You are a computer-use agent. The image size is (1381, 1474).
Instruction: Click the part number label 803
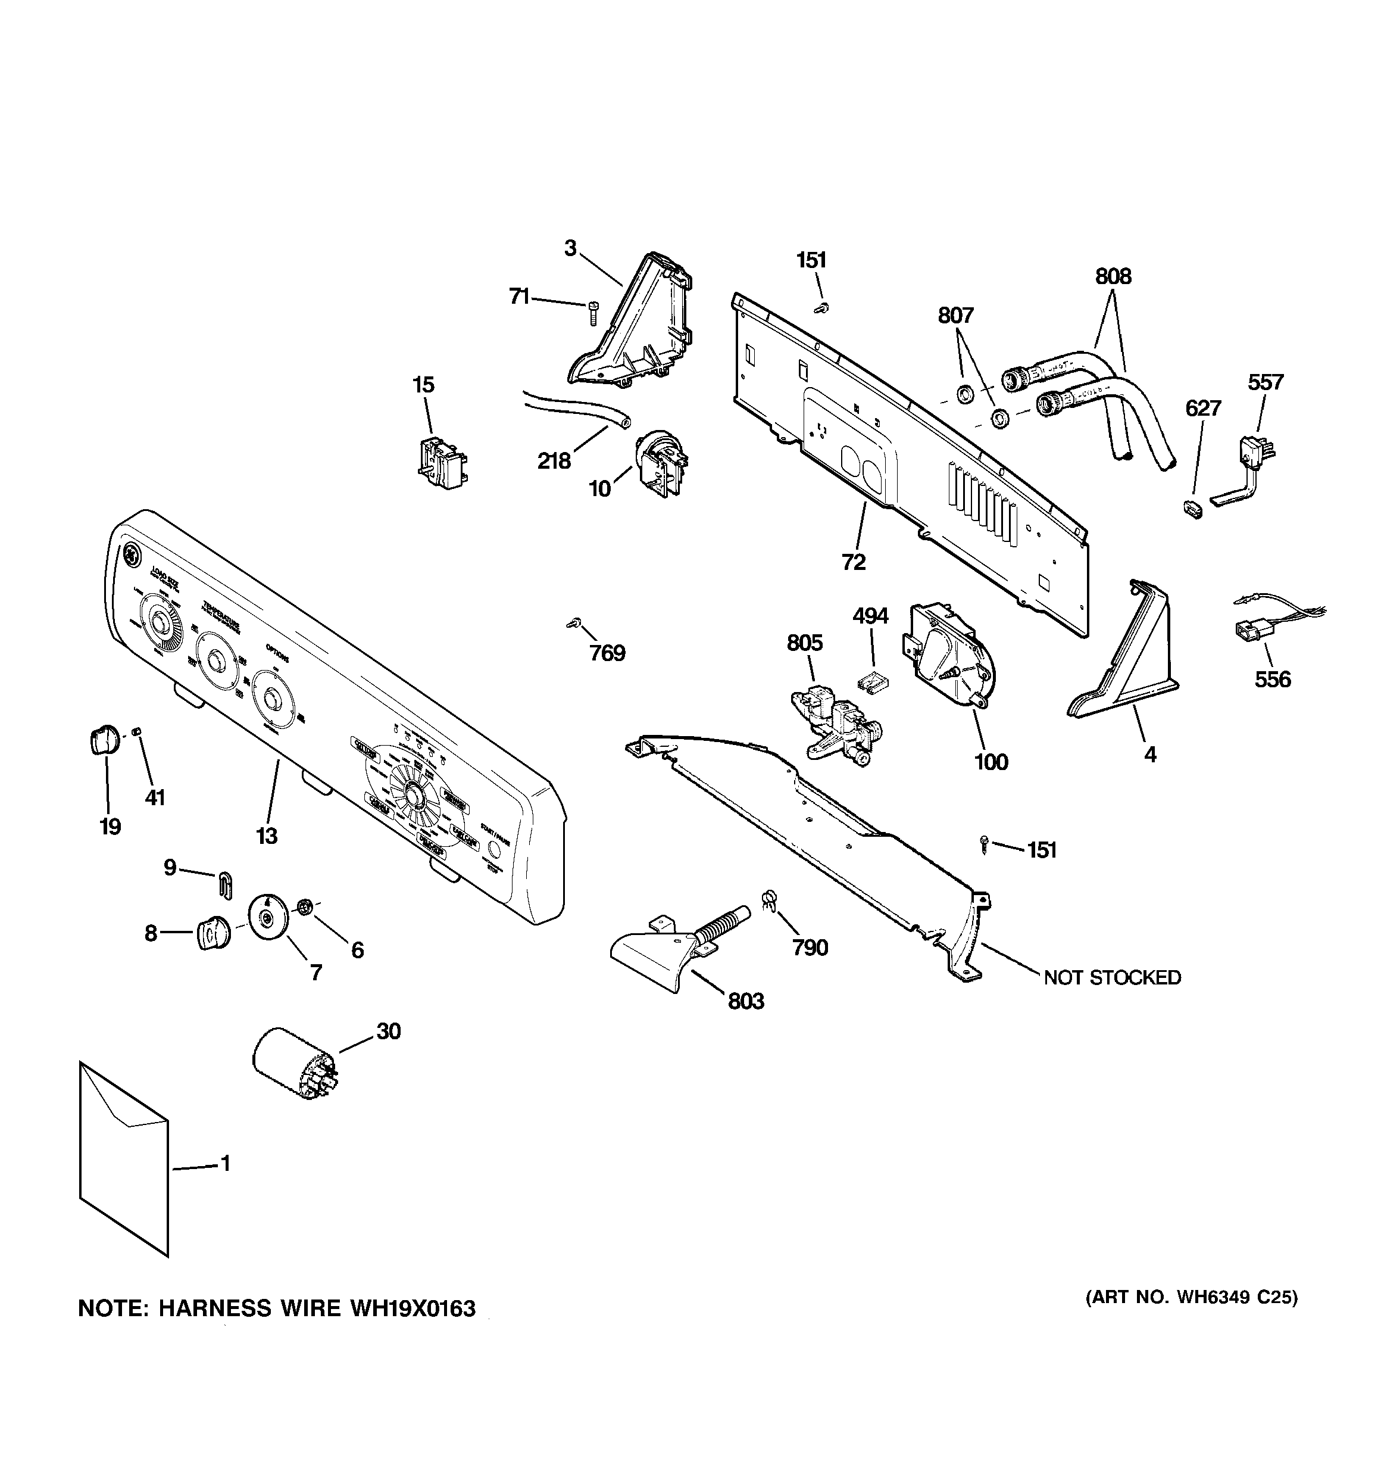click(745, 1001)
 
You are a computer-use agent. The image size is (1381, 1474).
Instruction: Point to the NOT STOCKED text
click(1112, 977)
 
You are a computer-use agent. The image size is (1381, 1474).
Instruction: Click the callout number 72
click(853, 562)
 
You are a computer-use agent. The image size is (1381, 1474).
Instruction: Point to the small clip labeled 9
click(226, 884)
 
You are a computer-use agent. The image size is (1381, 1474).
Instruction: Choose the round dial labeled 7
click(268, 917)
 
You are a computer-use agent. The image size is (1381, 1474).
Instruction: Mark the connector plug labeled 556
click(1248, 632)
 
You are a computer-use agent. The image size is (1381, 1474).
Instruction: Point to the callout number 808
click(1113, 276)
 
